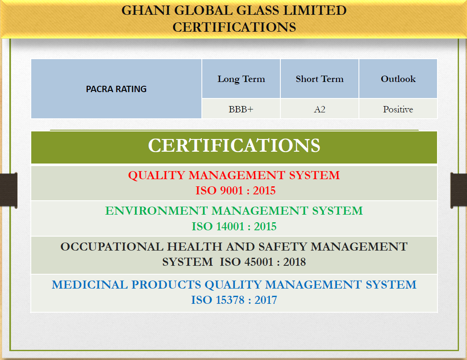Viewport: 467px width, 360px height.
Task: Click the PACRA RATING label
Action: pyautogui.click(x=116, y=89)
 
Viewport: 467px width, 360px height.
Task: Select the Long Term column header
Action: pyautogui.click(x=241, y=79)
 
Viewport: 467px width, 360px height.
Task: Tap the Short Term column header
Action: pyautogui.click(x=320, y=79)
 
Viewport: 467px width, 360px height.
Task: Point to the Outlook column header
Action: pyautogui.click(x=398, y=79)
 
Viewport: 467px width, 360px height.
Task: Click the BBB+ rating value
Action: pyautogui.click(x=241, y=109)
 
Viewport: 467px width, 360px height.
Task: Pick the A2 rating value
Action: pyautogui.click(x=320, y=109)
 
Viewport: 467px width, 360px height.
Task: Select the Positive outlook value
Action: pyautogui.click(x=398, y=109)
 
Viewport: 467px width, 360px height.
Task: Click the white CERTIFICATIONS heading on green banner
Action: pyautogui.click(x=234, y=145)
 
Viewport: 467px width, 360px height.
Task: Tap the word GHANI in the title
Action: pyautogui.click(x=146, y=11)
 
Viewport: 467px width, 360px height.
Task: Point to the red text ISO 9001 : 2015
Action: pyautogui.click(x=235, y=191)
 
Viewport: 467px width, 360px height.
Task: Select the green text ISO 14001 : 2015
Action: pyautogui.click(x=234, y=226)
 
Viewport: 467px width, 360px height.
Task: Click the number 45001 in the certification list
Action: pyautogui.click(x=259, y=262)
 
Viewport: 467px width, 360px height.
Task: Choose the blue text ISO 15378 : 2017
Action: pyautogui.click(x=234, y=300)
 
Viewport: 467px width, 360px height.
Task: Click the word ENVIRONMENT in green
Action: pyautogui.click(x=157, y=211)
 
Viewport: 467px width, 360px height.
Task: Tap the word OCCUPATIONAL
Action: pyautogui.click(x=112, y=247)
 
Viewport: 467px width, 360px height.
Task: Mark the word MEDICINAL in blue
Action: pyautogui.click(x=90, y=285)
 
